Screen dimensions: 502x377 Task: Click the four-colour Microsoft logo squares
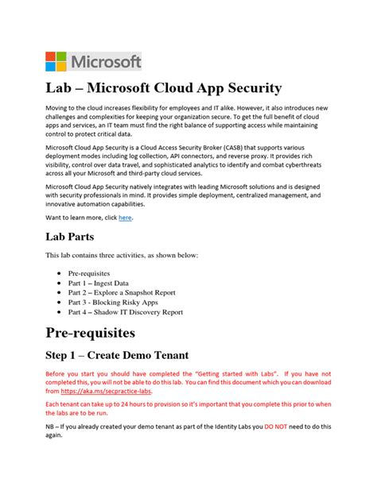click(56, 62)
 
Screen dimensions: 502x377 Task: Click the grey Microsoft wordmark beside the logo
click(107, 62)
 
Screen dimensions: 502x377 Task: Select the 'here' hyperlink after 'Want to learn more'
click(125, 218)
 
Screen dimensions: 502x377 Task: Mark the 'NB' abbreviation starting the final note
click(49, 429)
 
